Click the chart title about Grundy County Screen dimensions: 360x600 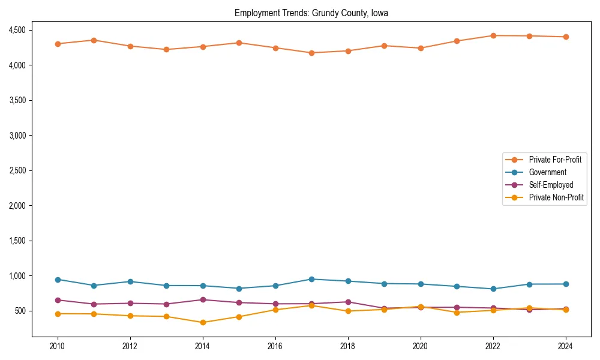pyautogui.click(x=311, y=13)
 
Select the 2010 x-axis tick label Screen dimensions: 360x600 pyautogui.click(x=58, y=346)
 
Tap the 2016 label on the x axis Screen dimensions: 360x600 pyautogui.click(x=275, y=346)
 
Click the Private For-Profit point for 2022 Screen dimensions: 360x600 pyautogui.click(x=493, y=35)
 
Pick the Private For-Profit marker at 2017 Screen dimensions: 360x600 pyautogui.click(x=311, y=53)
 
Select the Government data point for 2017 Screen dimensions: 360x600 pyautogui.click(x=311, y=279)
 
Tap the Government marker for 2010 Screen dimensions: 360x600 pyautogui.click(x=58, y=280)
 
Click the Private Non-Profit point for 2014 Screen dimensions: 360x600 pyautogui.click(x=203, y=322)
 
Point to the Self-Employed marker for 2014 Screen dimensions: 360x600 pyautogui.click(x=203, y=299)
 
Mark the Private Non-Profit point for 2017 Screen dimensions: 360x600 pyautogui.click(x=311, y=305)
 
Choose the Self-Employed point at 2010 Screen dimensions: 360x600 pyautogui.click(x=58, y=300)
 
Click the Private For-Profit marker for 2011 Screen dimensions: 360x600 pyautogui.click(x=94, y=40)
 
